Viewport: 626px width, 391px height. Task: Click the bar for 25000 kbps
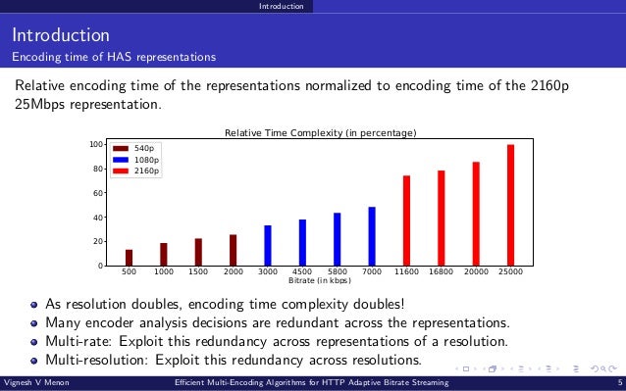(510, 205)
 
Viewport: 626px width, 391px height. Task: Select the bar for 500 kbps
(129, 257)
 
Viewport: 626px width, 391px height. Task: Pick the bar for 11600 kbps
(406, 220)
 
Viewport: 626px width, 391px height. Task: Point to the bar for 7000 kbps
(372, 236)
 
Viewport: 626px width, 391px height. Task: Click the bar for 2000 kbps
(233, 250)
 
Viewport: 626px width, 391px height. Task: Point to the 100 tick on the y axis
(95, 145)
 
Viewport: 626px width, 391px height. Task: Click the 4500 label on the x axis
(302, 272)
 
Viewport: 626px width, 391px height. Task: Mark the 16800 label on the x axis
(442, 272)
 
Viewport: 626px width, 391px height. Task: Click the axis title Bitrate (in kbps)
(320, 281)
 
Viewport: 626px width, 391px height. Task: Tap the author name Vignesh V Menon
(35, 382)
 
